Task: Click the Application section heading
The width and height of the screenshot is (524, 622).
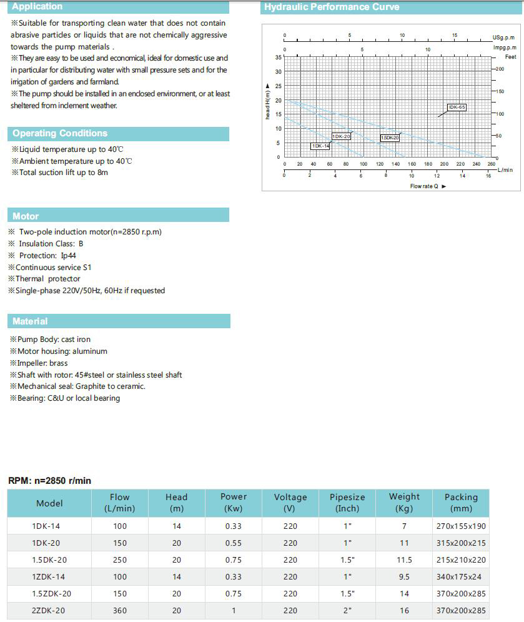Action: (37, 7)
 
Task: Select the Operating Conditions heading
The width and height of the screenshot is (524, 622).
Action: (60, 133)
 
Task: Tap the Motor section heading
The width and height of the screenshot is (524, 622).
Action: (26, 216)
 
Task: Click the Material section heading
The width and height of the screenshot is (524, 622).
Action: (30, 321)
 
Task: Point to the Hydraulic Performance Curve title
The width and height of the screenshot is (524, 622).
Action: (332, 8)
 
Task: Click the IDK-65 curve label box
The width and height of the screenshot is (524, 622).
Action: (457, 107)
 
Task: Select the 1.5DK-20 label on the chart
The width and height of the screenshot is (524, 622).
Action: (390, 138)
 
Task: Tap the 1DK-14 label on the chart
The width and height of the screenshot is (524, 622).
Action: (320, 146)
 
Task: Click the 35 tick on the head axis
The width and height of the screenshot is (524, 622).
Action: (279, 57)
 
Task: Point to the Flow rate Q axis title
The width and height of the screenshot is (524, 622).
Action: (425, 186)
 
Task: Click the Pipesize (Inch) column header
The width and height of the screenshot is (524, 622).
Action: (347, 503)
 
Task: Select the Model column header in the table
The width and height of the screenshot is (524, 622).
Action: (49, 503)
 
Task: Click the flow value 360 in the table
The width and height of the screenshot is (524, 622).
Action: (120, 611)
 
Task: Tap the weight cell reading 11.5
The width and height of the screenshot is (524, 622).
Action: (404, 560)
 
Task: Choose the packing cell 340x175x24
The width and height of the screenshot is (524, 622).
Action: (461, 577)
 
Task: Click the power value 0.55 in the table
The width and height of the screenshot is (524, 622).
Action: (234, 543)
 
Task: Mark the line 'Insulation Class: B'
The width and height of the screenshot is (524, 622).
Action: (51, 244)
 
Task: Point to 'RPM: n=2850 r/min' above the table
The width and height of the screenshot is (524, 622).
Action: (49, 481)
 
